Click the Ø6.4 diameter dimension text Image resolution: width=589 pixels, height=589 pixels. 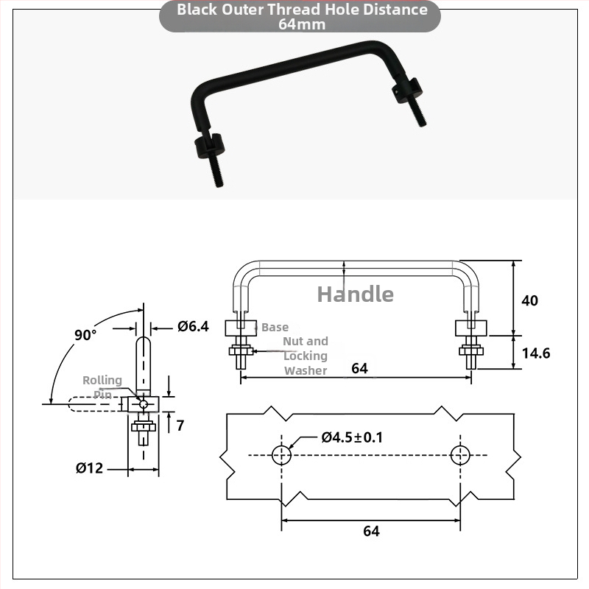pyautogui.click(x=193, y=326)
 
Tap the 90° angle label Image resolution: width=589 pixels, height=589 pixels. pyautogui.click(x=85, y=335)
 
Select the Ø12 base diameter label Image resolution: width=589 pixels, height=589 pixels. pyautogui.click(x=89, y=468)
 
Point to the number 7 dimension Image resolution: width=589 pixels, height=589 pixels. pyautogui.click(x=180, y=426)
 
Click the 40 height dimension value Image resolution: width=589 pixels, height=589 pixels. pyautogui.click(x=529, y=300)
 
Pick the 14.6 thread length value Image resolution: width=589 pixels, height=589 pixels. pyautogui.click(x=536, y=353)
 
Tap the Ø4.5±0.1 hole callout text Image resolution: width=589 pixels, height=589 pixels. pyautogui.click(x=352, y=437)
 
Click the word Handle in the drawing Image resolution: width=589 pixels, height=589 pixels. pyautogui.click(x=356, y=294)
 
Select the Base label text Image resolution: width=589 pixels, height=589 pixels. pyautogui.click(x=275, y=327)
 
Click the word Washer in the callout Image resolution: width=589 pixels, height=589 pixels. pyautogui.click(x=306, y=370)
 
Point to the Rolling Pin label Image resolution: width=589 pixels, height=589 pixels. pyautogui.click(x=102, y=387)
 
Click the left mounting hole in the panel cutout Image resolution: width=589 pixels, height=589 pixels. pyautogui.click(x=281, y=455)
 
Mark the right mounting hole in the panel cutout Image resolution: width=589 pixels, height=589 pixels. pyautogui.click(x=460, y=455)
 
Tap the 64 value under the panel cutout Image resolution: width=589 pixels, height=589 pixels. pyautogui.click(x=371, y=531)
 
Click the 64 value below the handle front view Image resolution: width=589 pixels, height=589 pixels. pyautogui.click(x=359, y=368)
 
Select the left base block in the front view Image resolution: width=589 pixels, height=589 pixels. pyautogui.click(x=241, y=328)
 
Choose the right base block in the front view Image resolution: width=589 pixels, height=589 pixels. pyautogui.click(x=471, y=328)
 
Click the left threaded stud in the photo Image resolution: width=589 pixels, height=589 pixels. pyautogui.click(x=215, y=170)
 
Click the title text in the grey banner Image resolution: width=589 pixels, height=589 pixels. pyautogui.click(x=302, y=16)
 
